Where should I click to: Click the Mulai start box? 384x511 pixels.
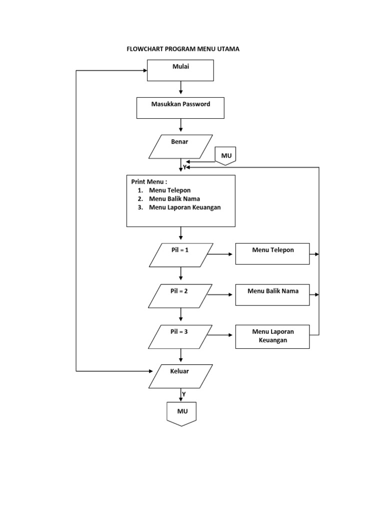[x=180, y=70]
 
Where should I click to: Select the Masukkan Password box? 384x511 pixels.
[x=180, y=108]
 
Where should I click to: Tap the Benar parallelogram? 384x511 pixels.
[x=180, y=147]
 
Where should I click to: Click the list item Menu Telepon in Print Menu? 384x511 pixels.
[x=169, y=190]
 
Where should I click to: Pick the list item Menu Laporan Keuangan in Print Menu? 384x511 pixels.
[x=184, y=207]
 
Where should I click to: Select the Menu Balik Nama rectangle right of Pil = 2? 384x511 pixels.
[x=272, y=295]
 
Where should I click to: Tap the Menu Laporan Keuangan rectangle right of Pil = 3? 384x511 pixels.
[x=272, y=336]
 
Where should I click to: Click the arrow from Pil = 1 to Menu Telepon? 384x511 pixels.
[x=220, y=255]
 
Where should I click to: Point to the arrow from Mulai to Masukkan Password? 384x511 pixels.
[x=180, y=88]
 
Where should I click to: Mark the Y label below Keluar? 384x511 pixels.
[x=183, y=394]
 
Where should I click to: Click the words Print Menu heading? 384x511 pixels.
[x=149, y=182]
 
